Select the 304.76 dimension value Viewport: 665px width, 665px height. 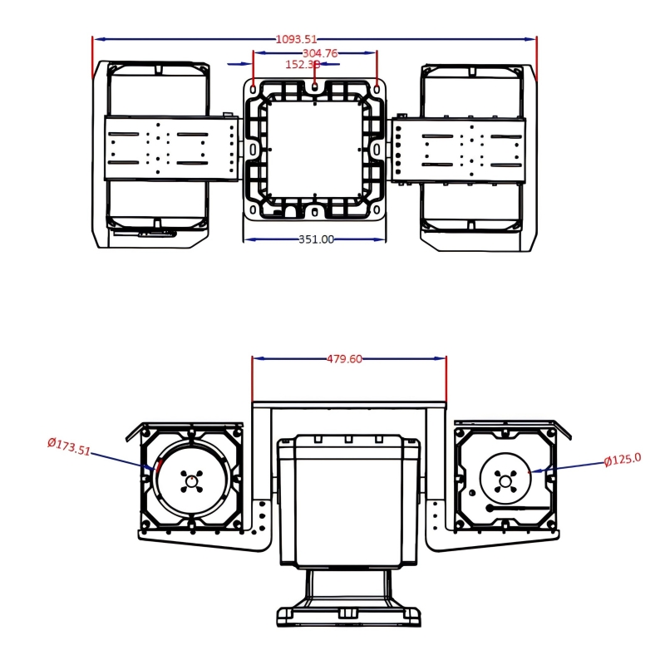pyautogui.click(x=320, y=52)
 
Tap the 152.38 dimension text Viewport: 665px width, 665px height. pyautogui.click(x=302, y=64)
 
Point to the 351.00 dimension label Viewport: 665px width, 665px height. pyautogui.click(x=316, y=239)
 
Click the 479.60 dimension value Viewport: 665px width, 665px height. pyautogui.click(x=344, y=359)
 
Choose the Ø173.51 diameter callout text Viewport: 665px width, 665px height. pyautogui.click(x=68, y=446)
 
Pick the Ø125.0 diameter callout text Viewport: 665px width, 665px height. pyautogui.click(x=623, y=459)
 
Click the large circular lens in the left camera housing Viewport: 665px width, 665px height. pyautogui.click(x=192, y=480)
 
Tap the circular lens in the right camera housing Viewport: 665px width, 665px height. pyautogui.click(x=505, y=477)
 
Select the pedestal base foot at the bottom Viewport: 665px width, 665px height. pyautogui.click(x=348, y=616)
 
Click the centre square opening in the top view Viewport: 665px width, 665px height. pyautogui.click(x=314, y=147)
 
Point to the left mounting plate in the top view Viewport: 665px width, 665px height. pyautogui.click(x=171, y=148)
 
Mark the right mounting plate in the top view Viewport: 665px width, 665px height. pyautogui.click(x=459, y=147)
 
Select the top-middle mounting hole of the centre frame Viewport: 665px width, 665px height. pyautogui.click(x=315, y=85)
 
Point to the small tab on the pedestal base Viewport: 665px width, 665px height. pyautogui.click(x=348, y=613)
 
